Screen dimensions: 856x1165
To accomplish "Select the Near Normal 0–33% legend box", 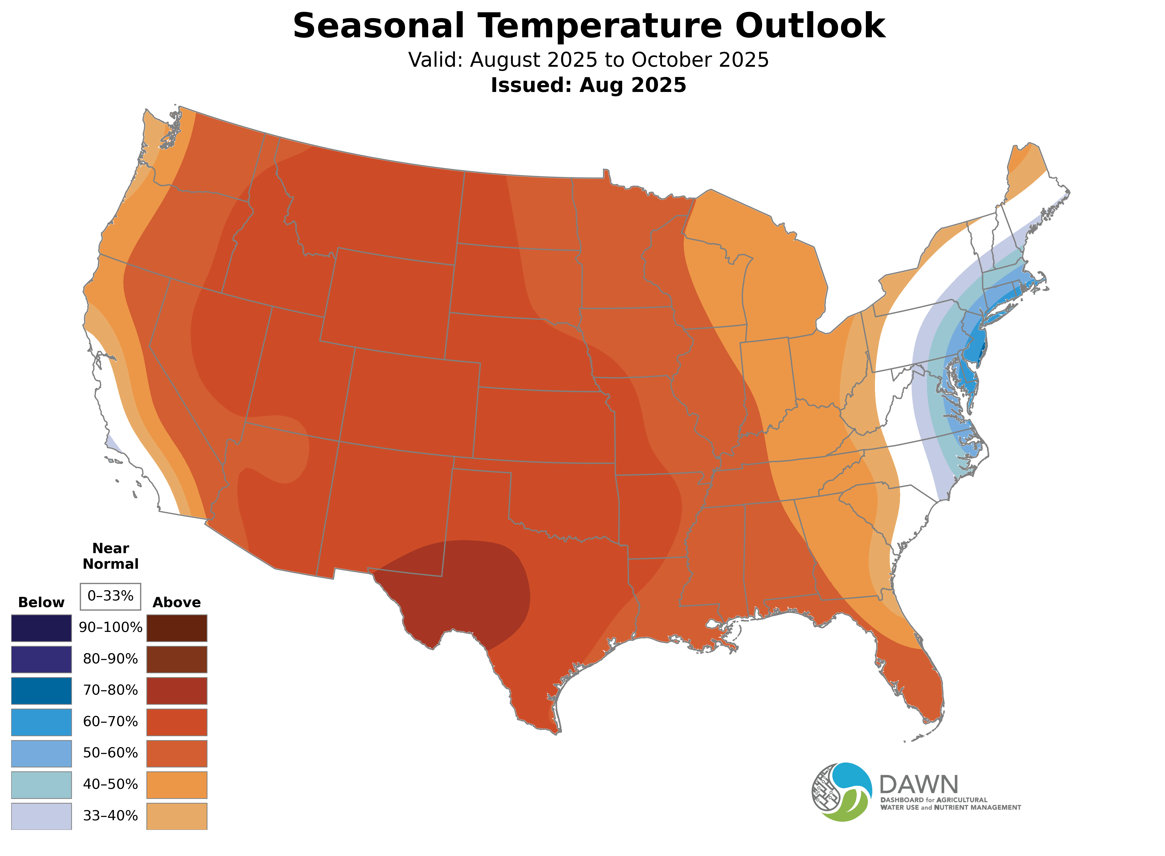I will tap(110, 596).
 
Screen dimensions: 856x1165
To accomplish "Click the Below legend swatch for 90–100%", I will tap(42, 628).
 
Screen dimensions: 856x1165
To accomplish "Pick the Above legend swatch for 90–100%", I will tap(177, 628).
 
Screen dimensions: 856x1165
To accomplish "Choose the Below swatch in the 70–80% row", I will tap(42, 691).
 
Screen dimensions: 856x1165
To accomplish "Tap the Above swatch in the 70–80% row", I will tap(177, 691).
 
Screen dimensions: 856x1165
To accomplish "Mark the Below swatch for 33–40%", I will tap(42, 816).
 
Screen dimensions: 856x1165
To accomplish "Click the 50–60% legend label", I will tap(110, 753).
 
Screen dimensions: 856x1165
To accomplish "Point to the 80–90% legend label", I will tap(110, 659).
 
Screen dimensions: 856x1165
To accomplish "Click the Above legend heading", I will tap(177, 603).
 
